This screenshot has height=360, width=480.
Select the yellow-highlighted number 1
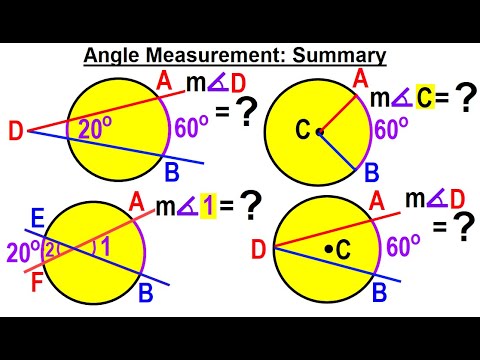(199, 207)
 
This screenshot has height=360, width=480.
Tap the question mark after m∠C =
(463, 98)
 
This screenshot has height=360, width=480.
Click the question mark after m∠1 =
(252, 206)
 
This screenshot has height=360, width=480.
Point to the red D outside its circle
(15, 130)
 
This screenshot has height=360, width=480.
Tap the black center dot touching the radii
(319, 132)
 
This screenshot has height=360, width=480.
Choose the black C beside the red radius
(303, 131)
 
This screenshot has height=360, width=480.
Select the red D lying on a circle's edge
(259, 249)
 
